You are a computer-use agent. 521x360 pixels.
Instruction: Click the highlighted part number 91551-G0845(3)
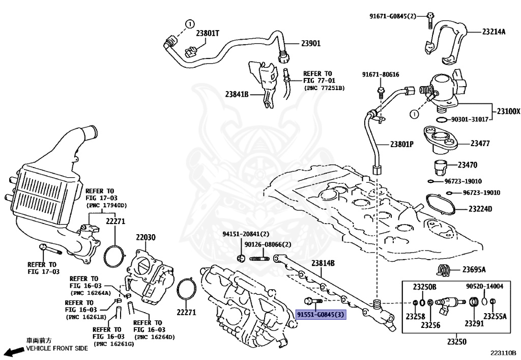(x=321, y=315)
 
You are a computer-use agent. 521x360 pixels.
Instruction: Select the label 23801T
(x=208, y=33)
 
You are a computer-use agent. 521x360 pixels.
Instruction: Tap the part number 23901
(x=311, y=43)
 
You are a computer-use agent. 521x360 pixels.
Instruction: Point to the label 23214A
(x=494, y=32)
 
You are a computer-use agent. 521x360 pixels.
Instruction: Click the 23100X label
(x=509, y=112)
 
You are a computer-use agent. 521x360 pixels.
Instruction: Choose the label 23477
(x=480, y=143)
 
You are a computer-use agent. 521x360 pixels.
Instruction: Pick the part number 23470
(x=468, y=164)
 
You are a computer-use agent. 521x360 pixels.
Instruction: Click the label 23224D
(x=480, y=209)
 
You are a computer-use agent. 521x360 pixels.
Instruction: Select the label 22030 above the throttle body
(x=146, y=237)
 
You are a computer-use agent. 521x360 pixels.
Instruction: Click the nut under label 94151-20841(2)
(x=241, y=258)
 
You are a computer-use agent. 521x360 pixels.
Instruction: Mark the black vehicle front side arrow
(x=16, y=352)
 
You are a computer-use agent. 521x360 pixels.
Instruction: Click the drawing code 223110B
(x=503, y=352)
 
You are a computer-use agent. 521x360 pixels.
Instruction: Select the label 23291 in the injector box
(x=474, y=323)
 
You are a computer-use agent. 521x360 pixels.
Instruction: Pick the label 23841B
(x=237, y=94)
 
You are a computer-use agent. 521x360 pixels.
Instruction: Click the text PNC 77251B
(x=325, y=88)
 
